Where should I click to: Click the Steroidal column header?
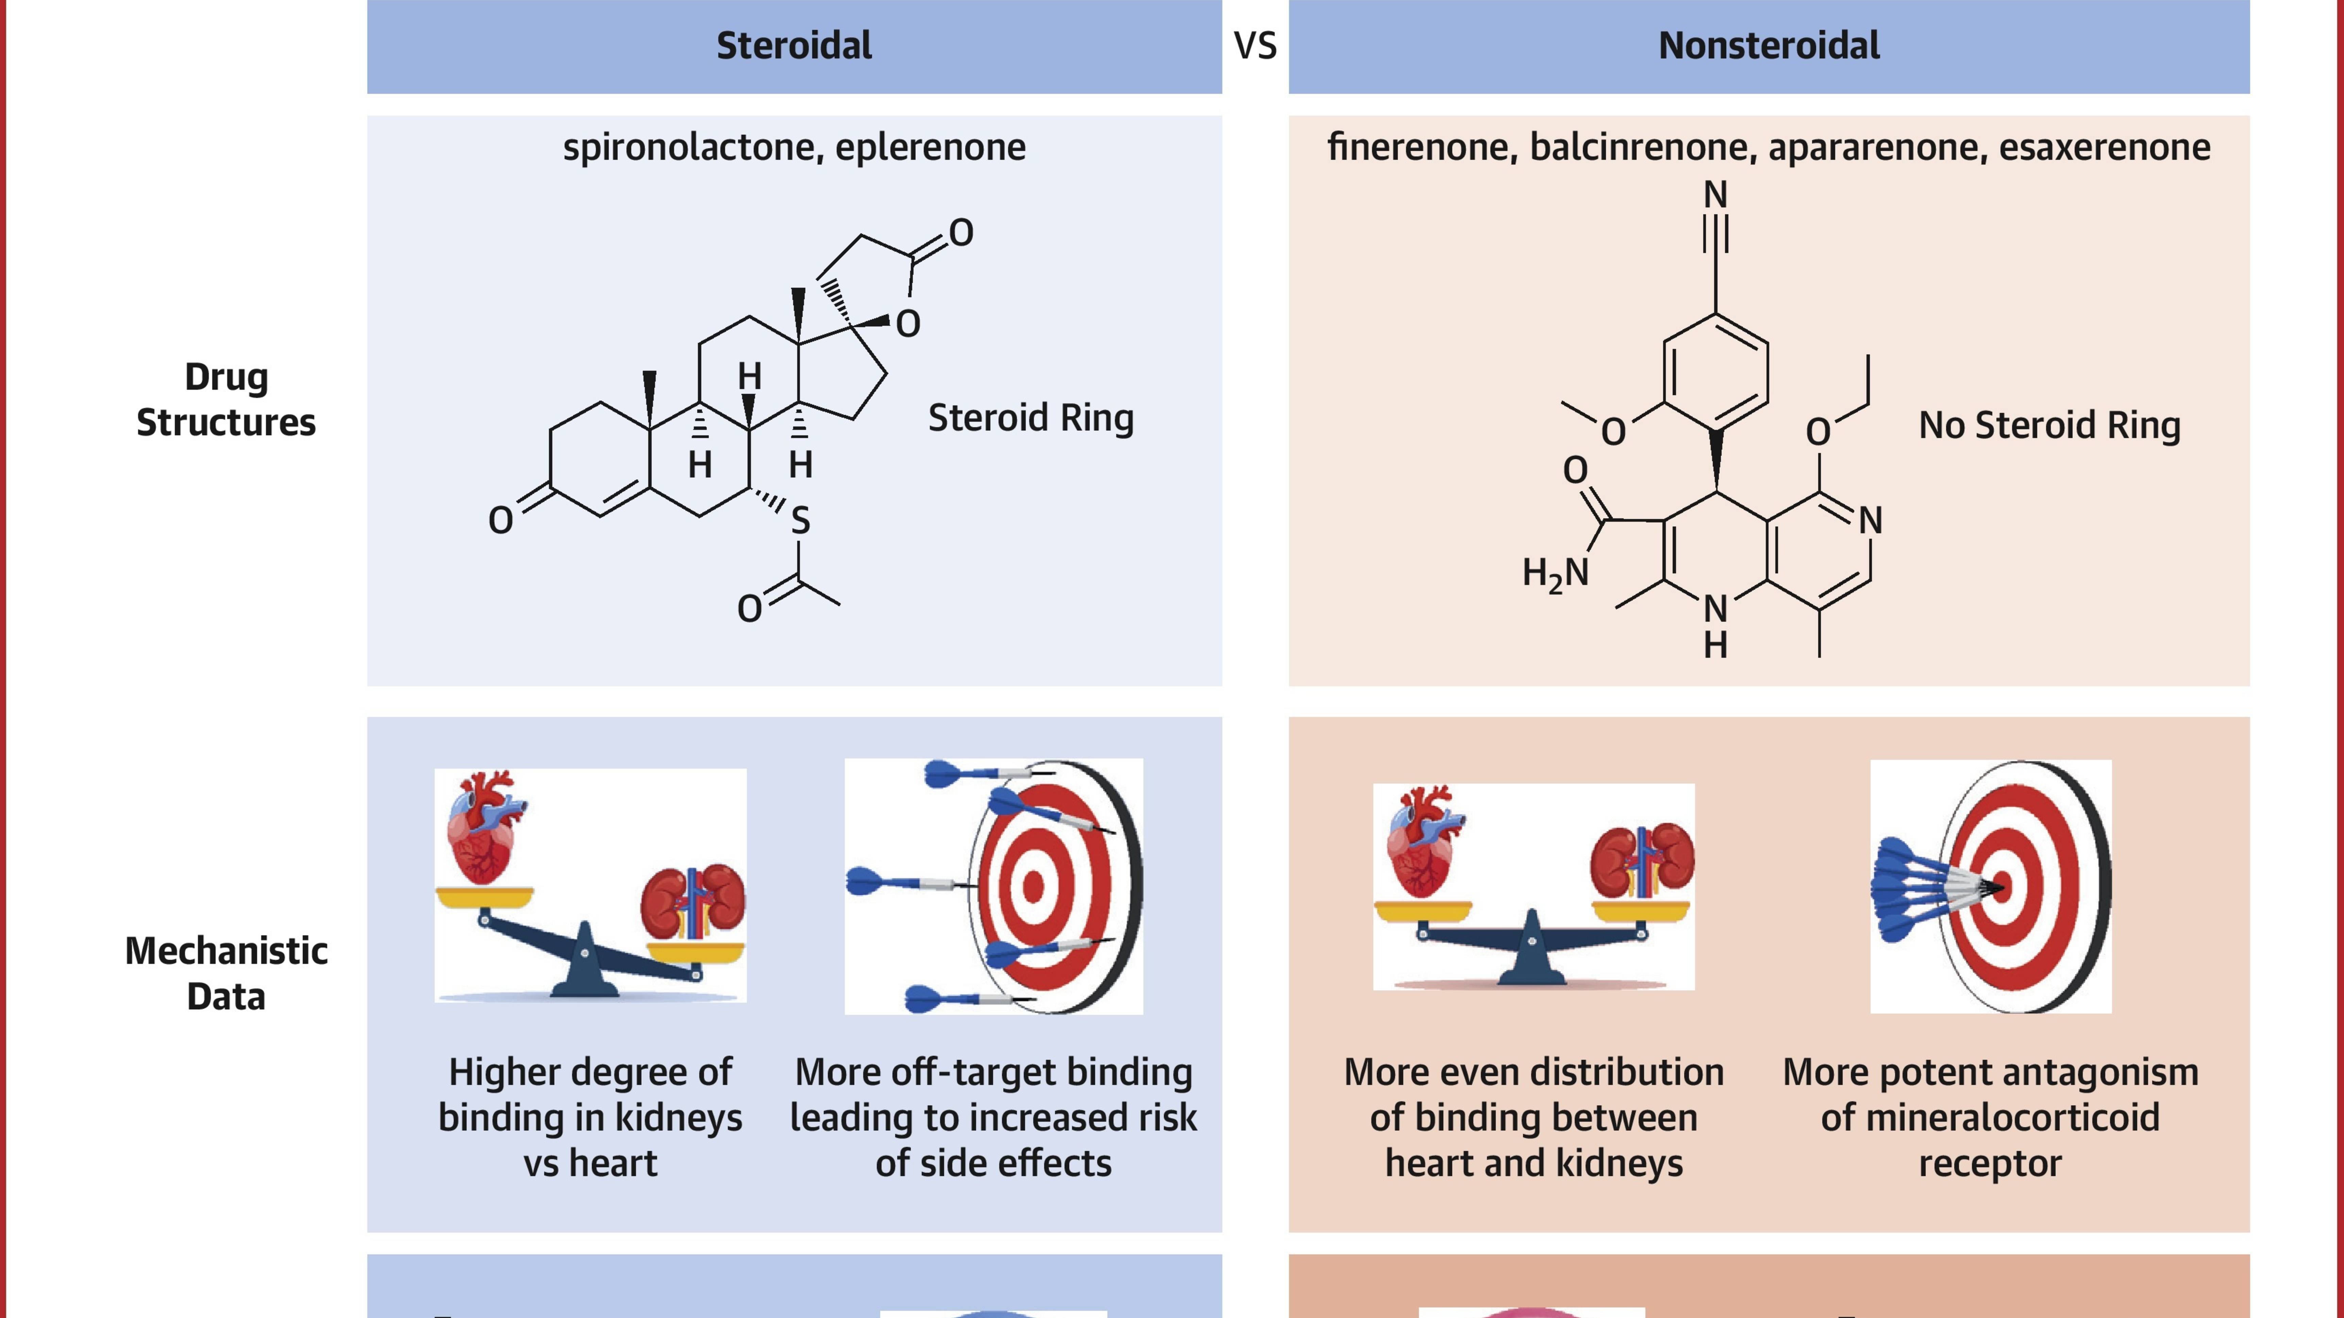tap(793, 46)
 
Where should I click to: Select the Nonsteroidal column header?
tap(1768, 46)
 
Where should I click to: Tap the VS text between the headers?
tap(1255, 46)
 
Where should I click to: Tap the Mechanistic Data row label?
tap(226, 973)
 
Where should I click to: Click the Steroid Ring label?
tap(1030, 418)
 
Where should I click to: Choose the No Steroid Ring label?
tap(2049, 425)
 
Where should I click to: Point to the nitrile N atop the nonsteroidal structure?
tap(1715, 195)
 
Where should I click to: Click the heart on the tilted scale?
tap(485, 828)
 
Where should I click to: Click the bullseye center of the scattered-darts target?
tap(1033, 885)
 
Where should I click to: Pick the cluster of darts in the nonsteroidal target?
tap(1920, 887)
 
